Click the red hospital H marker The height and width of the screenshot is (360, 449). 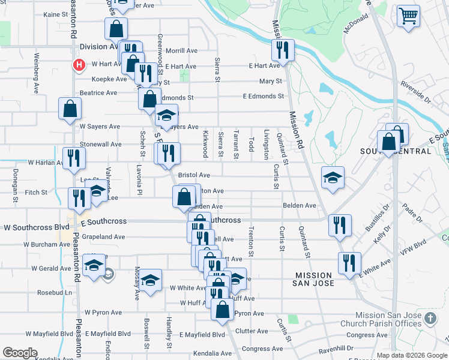click(77, 65)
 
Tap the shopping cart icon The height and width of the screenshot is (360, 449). click(408, 16)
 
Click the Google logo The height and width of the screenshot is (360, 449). click(20, 353)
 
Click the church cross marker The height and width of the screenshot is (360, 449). click(429, 317)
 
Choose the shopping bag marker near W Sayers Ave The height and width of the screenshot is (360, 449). click(70, 109)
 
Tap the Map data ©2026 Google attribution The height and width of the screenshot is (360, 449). click(412, 355)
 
